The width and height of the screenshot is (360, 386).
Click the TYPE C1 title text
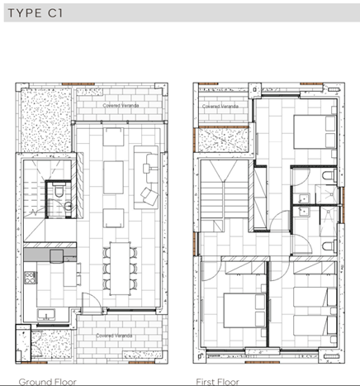click(x=38, y=15)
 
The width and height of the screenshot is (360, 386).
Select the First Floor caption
click(x=216, y=381)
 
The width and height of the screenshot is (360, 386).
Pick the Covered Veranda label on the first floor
click(x=220, y=107)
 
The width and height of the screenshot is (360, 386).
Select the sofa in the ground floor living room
click(x=147, y=163)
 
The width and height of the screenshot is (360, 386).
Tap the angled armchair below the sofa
click(x=149, y=197)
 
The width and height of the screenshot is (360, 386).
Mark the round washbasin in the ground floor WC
click(x=68, y=206)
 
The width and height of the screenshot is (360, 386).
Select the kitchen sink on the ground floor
click(x=44, y=312)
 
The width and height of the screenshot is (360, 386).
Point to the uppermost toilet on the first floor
click(x=328, y=178)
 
